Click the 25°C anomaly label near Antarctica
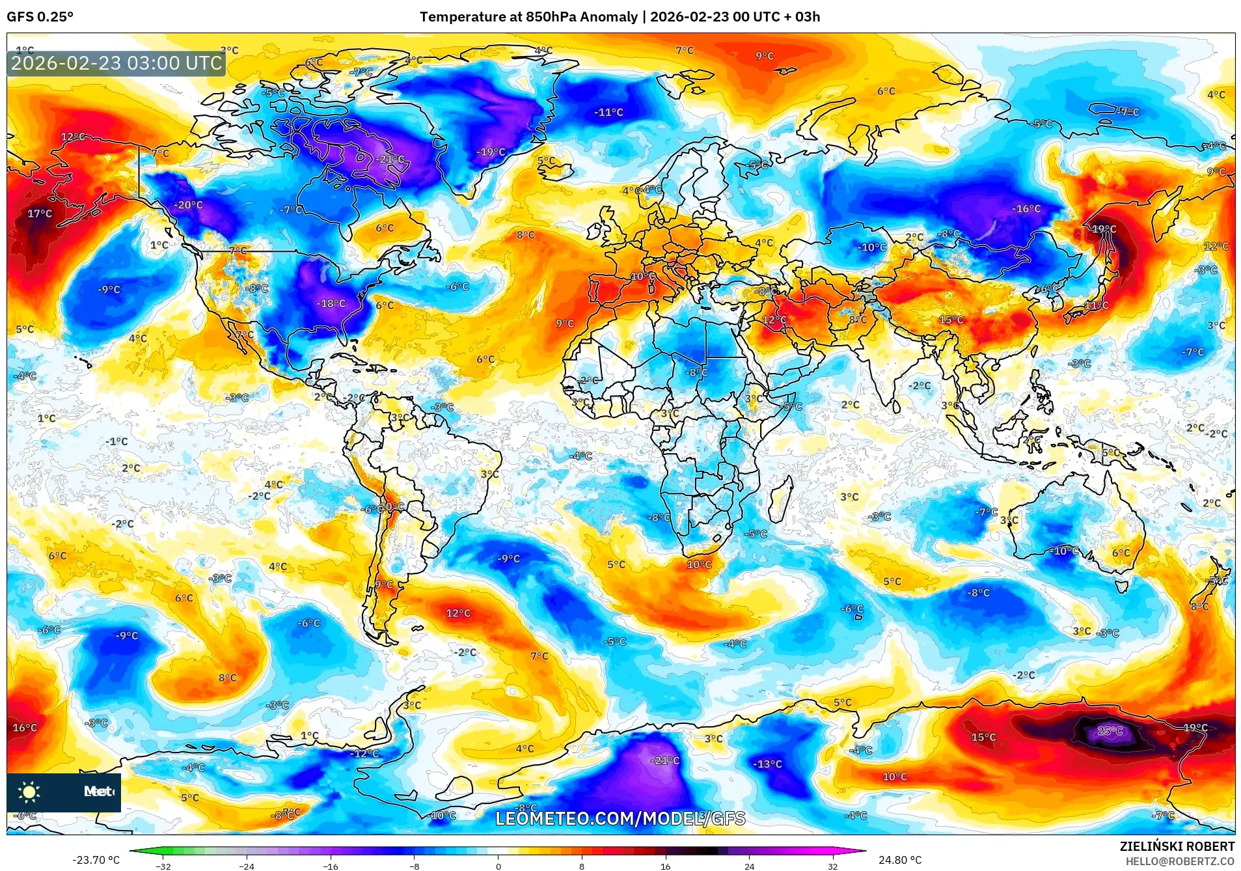[x=1110, y=730]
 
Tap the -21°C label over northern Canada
[x=391, y=159]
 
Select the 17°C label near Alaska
[x=39, y=214]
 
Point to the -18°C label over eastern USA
[x=331, y=303]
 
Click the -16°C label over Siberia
[x=1026, y=209]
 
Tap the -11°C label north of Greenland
[x=608, y=112]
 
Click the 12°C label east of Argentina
[x=458, y=613]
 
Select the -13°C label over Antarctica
[x=767, y=764]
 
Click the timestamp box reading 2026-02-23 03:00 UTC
[x=116, y=63]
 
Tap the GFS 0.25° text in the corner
[x=40, y=17]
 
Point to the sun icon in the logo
[x=29, y=792]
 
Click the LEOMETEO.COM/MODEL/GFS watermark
[x=620, y=818]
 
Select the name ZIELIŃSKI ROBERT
[x=1177, y=846]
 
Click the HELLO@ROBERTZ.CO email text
[x=1179, y=861]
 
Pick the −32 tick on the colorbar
[x=163, y=866]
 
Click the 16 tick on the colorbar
[x=665, y=866]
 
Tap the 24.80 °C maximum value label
[x=899, y=860]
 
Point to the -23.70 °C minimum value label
[x=96, y=860]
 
